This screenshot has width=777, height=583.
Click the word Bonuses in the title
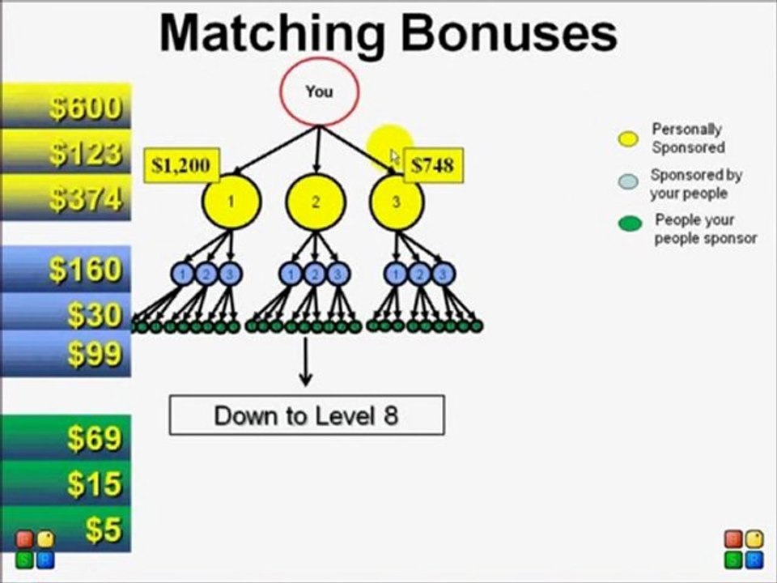click(509, 32)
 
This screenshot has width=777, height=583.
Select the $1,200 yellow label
click(180, 166)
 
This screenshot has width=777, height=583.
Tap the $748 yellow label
click(433, 166)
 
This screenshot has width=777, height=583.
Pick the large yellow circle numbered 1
click(231, 202)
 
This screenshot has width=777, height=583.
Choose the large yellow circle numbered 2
click(315, 202)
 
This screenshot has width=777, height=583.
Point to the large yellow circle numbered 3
click(397, 202)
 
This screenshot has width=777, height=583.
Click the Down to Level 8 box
click(306, 415)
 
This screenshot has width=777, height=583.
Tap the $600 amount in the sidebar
click(85, 108)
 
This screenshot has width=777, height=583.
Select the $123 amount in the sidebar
click(85, 153)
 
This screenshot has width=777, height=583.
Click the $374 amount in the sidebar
click(85, 198)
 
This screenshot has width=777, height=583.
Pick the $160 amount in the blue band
click(85, 270)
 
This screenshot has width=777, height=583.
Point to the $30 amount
click(95, 314)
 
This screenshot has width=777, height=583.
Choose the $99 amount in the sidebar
click(95, 354)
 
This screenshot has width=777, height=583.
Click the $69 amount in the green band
click(95, 438)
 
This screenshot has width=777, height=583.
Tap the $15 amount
click(95, 484)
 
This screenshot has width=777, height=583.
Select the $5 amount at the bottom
click(104, 530)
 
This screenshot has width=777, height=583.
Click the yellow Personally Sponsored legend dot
click(628, 138)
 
